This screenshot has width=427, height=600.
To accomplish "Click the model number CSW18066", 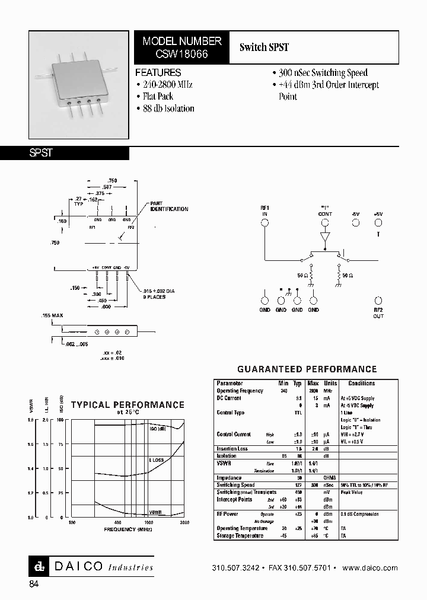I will (x=182, y=53).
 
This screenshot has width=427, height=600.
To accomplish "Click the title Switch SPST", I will (x=264, y=47).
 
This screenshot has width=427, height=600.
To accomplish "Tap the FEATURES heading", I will (x=158, y=72).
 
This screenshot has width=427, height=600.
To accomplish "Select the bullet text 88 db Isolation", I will (x=168, y=108).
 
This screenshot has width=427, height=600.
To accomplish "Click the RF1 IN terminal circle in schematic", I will (x=265, y=223).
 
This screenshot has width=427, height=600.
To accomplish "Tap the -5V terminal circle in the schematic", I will (x=356, y=223).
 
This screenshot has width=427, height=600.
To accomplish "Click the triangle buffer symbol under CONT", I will (x=325, y=237).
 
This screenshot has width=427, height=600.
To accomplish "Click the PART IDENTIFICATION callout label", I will (x=169, y=207).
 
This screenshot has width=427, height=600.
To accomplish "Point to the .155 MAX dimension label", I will (x=52, y=315).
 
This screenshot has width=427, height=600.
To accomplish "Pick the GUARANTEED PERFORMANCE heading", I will (x=307, y=369).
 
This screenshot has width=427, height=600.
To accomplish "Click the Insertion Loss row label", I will (x=233, y=448).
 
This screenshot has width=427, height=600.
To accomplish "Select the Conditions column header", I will (x=361, y=384).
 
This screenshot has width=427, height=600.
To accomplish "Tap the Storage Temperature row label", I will (x=240, y=535).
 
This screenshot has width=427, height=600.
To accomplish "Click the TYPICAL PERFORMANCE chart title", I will (x=128, y=405).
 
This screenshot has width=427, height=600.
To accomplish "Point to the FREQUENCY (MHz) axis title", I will (x=128, y=528).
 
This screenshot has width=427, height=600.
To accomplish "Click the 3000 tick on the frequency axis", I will (x=184, y=522).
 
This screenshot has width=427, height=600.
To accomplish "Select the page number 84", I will (x=34, y=584).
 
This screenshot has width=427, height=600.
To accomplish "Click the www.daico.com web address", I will (x=370, y=567).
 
